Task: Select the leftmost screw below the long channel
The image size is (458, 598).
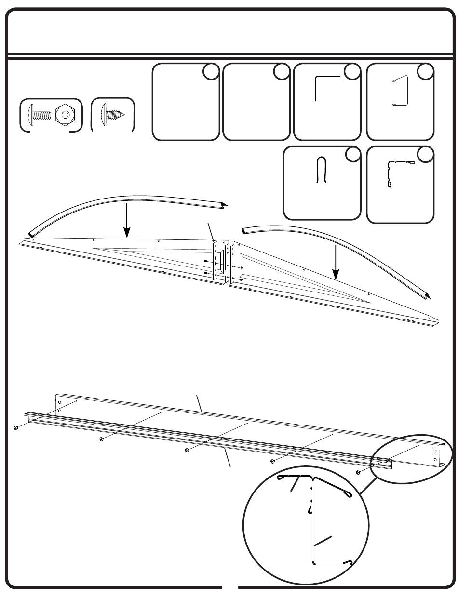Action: (16, 427)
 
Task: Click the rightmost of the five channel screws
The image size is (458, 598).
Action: (359, 472)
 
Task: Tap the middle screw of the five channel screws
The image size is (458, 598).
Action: (187, 450)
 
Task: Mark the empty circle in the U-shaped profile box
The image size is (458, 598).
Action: (353, 154)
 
